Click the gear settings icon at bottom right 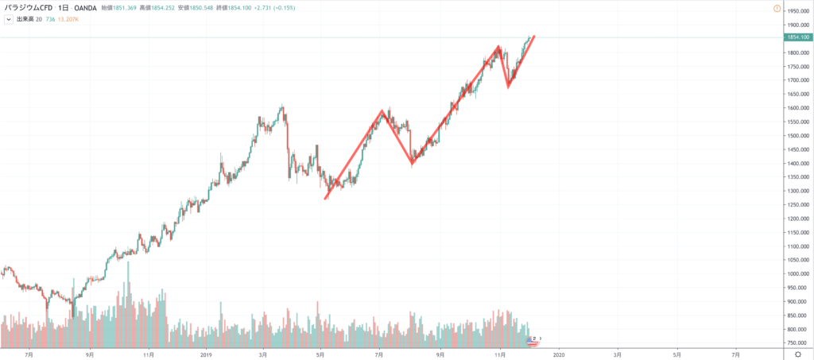click(x=798, y=354)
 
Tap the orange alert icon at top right click(x=798, y=8)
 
